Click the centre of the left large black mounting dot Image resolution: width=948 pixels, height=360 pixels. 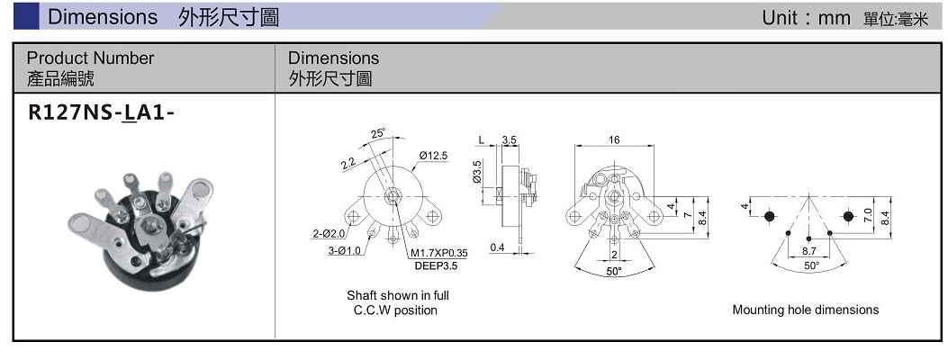point(770,216)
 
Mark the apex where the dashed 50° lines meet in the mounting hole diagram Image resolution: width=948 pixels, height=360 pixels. point(809,196)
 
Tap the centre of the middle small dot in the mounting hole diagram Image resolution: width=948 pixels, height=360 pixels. point(809,233)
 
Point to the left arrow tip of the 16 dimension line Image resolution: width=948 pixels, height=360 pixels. point(575,146)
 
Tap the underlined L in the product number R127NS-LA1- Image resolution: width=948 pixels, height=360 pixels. point(129,113)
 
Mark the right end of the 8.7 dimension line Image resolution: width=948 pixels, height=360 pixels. point(829,256)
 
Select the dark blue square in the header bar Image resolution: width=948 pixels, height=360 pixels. point(26,16)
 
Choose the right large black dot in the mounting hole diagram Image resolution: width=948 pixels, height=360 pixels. point(848,216)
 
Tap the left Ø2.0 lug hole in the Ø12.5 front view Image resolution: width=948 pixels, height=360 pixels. point(354,216)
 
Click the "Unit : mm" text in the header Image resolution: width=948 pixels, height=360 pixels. point(806,18)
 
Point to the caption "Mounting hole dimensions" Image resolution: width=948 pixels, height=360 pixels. point(806,310)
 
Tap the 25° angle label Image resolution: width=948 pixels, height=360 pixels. point(378,133)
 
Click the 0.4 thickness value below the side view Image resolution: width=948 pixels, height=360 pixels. point(498,247)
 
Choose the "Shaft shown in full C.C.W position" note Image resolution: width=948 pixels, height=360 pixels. point(397,303)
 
